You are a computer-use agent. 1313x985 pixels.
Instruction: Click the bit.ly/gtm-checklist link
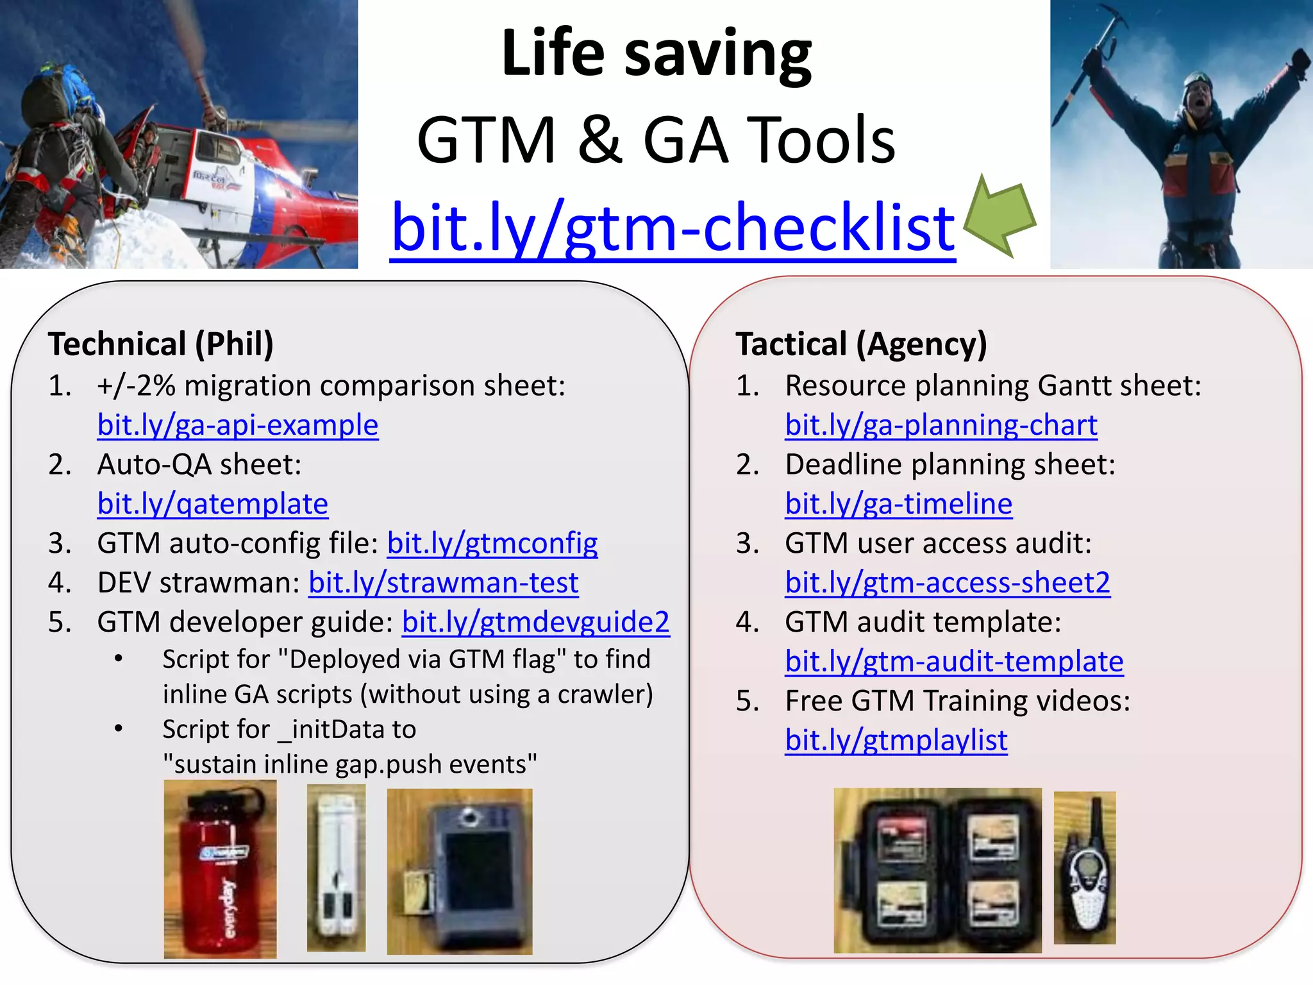tap(673, 228)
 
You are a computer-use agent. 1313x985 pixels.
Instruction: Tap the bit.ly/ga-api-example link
tap(238, 425)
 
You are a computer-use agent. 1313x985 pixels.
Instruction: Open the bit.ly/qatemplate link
tap(213, 504)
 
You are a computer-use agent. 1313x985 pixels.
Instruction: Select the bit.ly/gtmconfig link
tap(492, 544)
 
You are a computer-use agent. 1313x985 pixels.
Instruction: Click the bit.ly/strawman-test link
tap(444, 583)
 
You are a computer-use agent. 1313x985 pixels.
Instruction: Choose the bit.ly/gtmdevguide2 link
tap(536, 622)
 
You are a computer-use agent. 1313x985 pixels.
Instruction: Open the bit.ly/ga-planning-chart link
tap(941, 425)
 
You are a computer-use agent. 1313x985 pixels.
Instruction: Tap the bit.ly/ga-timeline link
tap(898, 504)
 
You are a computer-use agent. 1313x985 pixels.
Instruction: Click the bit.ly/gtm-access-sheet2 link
tap(948, 583)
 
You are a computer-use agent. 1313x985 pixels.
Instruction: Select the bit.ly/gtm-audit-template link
tap(954, 662)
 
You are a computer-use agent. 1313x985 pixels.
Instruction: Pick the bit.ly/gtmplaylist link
tap(896, 741)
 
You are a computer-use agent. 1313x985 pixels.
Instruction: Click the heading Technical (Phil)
tap(161, 344)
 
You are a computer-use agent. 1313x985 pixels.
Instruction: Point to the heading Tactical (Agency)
tap(861, 344)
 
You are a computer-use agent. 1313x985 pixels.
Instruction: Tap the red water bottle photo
tap(220, 869)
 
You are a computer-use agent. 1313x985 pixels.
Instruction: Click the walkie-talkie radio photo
tap(1085, 867)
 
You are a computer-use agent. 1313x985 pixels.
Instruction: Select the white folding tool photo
tap(336, 867)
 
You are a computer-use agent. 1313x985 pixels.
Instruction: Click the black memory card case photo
tap(937, 870)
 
